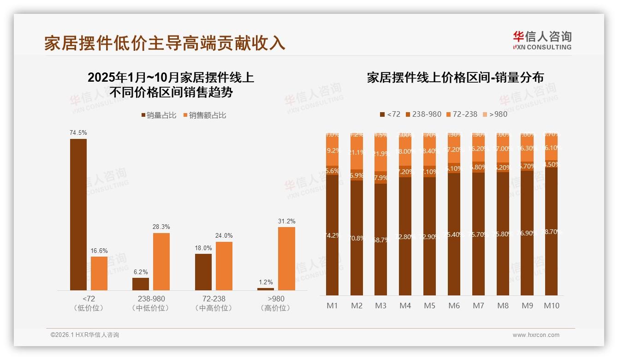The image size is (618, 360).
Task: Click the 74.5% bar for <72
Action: [78, 215]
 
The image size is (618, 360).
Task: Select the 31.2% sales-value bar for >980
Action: [286, 258]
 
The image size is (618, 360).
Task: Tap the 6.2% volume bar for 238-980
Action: [141, 284]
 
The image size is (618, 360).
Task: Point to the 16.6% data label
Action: [99, 250]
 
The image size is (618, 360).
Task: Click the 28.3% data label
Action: [161, 227]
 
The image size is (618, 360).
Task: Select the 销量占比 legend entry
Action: [159, 115]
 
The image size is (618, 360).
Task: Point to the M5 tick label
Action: [429, 306]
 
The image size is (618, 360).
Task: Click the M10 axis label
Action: [552, 306]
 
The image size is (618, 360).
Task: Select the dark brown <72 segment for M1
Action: [332, 235]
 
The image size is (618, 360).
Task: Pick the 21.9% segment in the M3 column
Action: [380, 154]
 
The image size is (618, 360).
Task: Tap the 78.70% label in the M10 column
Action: [552, 232]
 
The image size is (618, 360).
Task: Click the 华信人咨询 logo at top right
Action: [542, 40]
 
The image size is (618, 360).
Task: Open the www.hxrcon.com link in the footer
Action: [536, 335]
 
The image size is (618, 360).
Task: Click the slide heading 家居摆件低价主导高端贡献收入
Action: [165, 43]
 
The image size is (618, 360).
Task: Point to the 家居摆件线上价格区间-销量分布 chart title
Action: [455, 77]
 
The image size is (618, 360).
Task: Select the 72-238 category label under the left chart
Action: [214, 299]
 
